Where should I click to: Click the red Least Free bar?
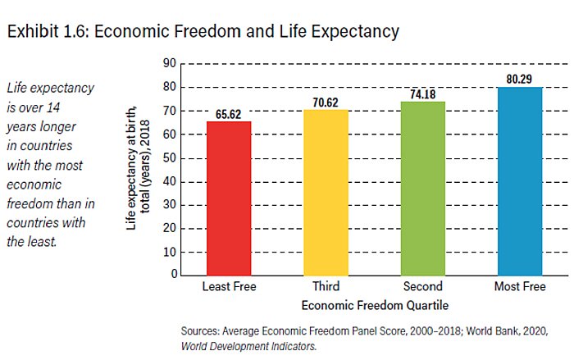[229, 198]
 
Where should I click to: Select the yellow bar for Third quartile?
[326, 192]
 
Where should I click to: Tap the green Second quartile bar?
[423, 188]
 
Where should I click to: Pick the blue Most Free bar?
[520, 180]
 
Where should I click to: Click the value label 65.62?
[229, 114]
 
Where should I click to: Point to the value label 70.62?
[326, 103]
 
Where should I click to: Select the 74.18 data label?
[423, 94]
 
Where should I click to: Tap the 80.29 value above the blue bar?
[520, 80]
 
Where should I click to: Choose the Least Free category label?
[229, 287]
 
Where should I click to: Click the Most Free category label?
[520, 287]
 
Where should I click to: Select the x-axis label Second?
[423, 287]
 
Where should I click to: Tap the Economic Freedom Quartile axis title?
[374, 305]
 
